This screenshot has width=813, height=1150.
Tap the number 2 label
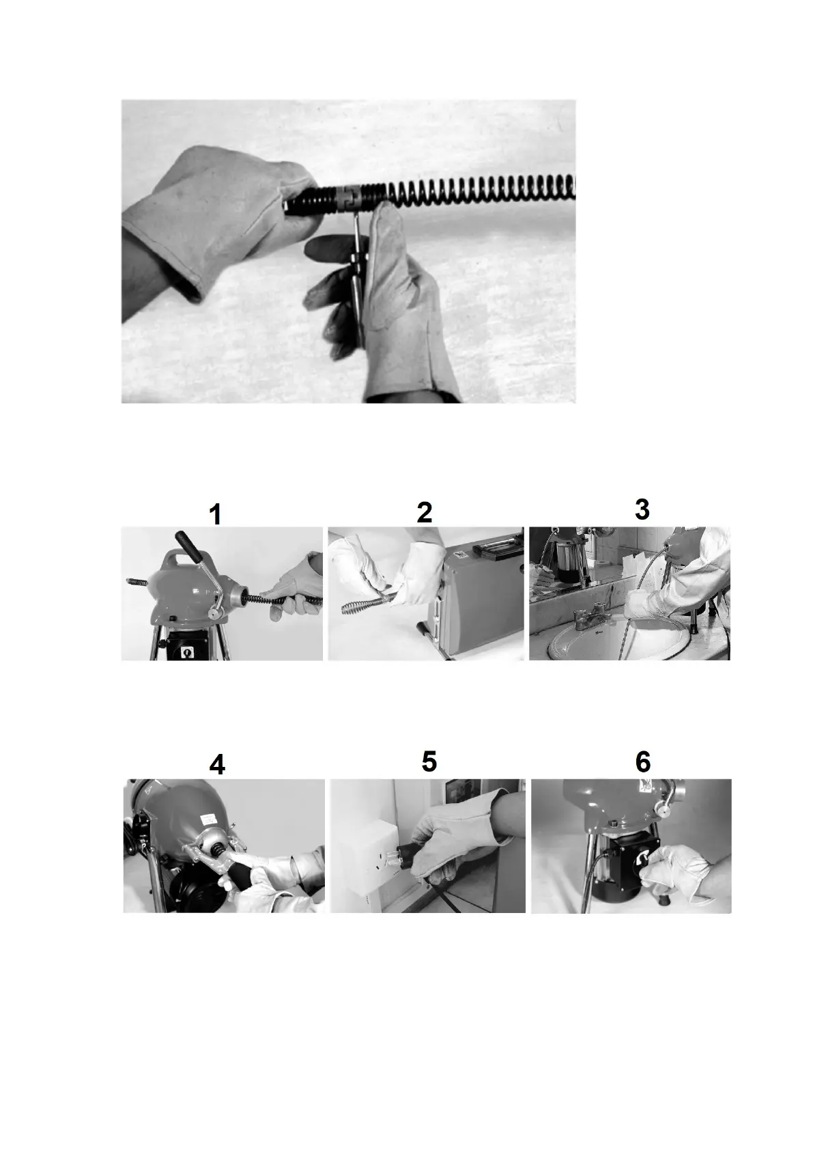[x=425, y=512]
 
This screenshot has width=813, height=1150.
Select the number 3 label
[x=642, y=509]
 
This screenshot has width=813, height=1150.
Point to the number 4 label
[x=217, y=766]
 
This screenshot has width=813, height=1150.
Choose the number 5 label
[x=429, y=762]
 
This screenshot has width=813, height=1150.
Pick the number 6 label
[x=643, y=762]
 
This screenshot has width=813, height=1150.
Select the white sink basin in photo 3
[x=618, y=639]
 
